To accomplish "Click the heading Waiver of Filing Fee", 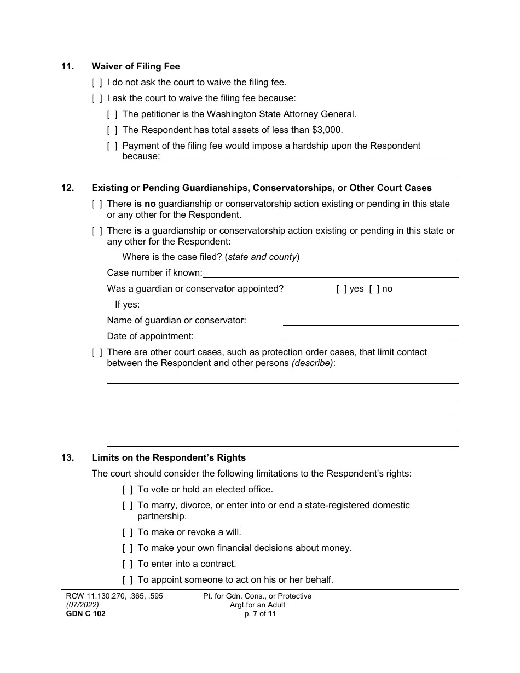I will coord(136,67).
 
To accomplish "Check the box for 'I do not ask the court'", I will coord(97,83).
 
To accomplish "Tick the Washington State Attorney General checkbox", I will coord(112,114).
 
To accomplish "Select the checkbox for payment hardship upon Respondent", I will coord(112,146).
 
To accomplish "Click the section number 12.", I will coord(67,188).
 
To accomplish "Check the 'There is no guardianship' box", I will coord(97,204).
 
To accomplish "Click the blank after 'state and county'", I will coord(380,257).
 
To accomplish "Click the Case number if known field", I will coord(330,273).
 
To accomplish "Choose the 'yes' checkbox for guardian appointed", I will coord(341,289).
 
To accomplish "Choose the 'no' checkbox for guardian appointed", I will coord(374,289).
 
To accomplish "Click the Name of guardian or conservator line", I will coord(370,321).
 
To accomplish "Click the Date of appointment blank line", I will coord(370,336).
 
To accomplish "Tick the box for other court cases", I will coord(97,352).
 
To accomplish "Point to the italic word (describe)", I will coord(312,363).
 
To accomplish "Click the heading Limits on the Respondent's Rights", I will coord(169,458).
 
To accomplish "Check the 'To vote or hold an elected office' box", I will coord(128,490).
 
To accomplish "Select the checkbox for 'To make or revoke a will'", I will coord(128,532).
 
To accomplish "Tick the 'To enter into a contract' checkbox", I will coord(128,564).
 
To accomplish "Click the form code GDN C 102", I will coord(82,614).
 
